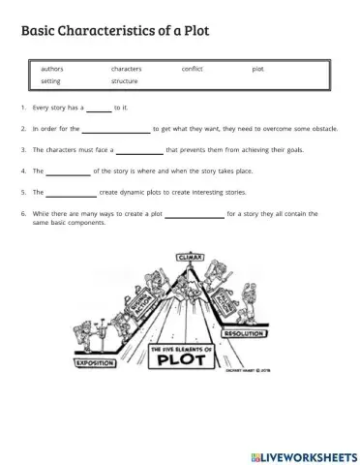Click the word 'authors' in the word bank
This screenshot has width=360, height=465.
(52, 69)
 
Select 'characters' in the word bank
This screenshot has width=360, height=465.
(126, 69)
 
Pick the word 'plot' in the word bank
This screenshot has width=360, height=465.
(257, 69)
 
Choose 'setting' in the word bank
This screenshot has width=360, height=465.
(50, 80)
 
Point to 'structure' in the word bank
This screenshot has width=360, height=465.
(124, 80)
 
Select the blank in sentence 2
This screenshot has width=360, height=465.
(116, 130)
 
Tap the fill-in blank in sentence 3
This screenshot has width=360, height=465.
(139, 152)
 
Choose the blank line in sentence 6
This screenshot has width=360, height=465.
(194, 215)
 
